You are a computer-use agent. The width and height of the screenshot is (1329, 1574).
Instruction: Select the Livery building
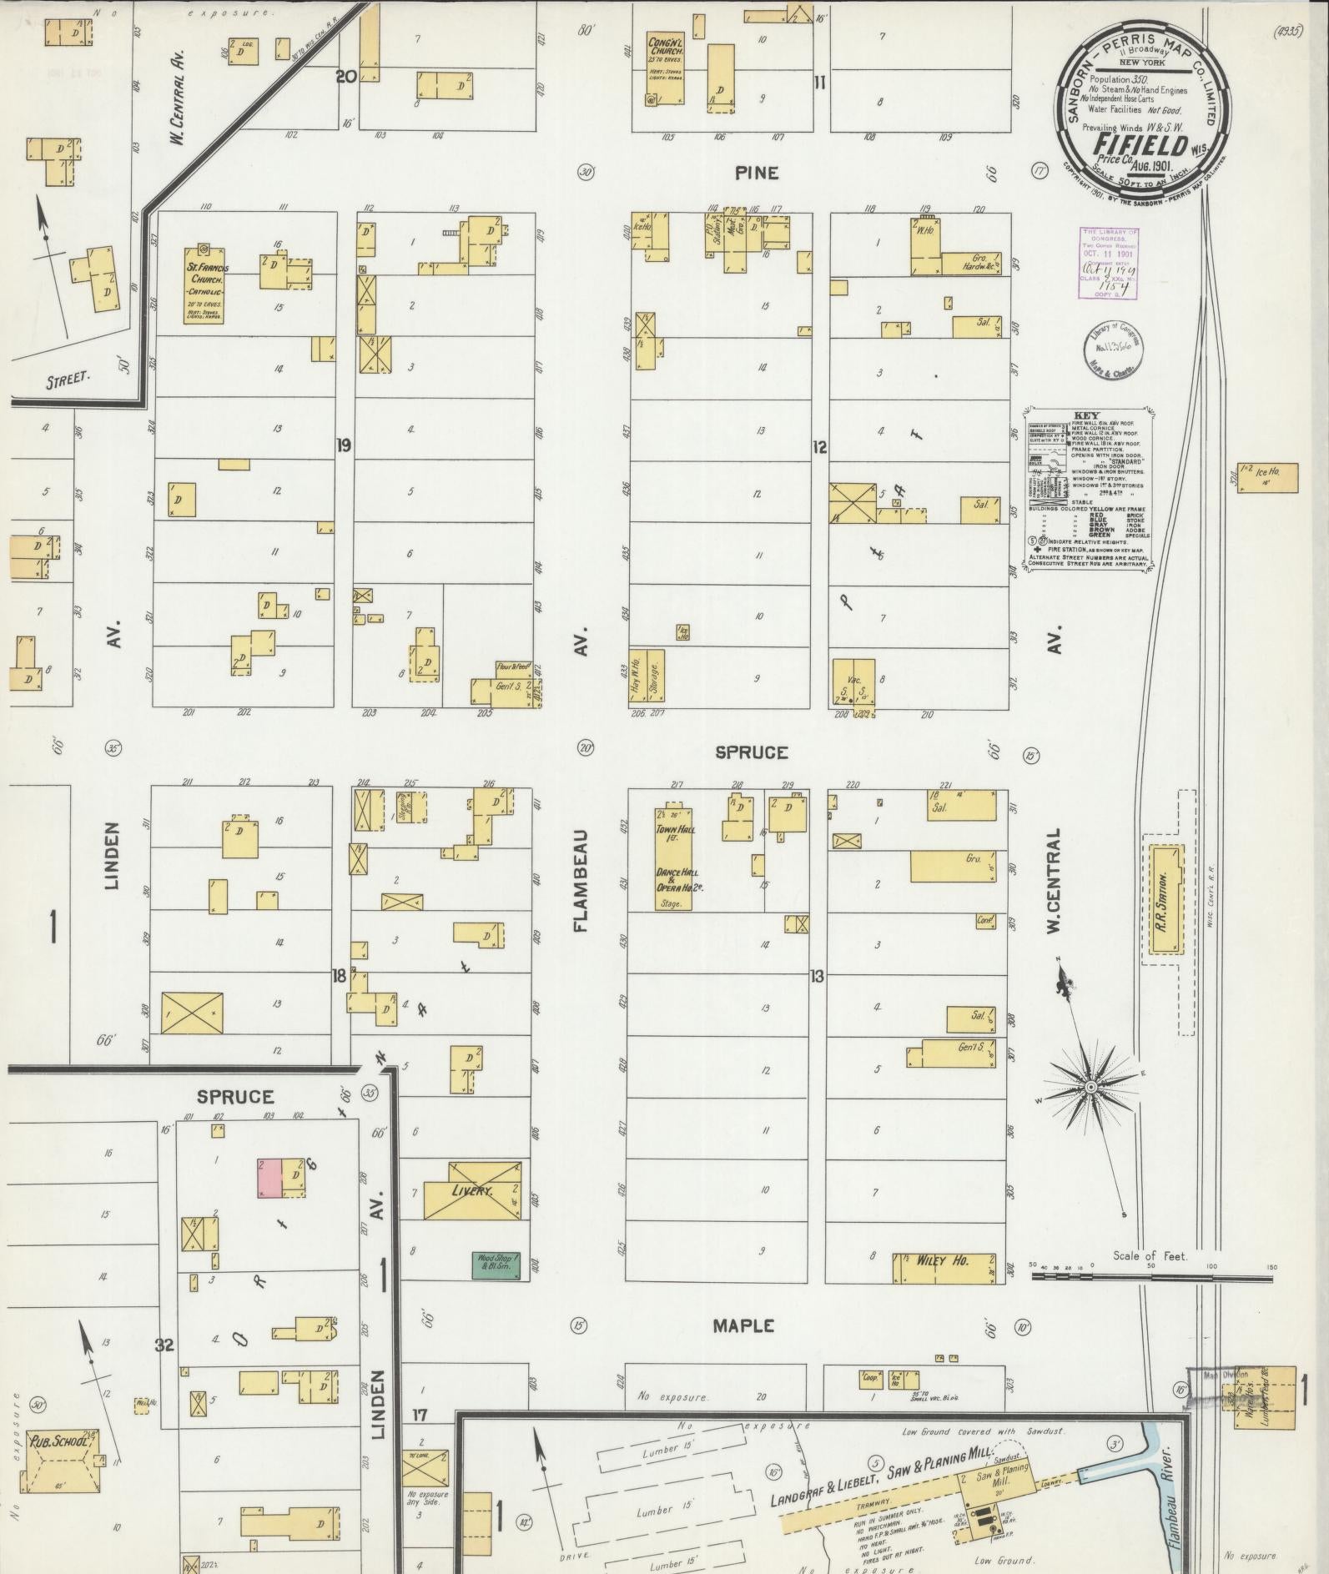pyautogui.click(x=472, y=1190)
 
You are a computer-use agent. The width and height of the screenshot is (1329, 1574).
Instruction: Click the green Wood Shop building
pyautogui.click(x=496, y=1265)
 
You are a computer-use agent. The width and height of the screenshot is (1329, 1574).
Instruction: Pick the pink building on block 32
pyautogui.click(x=268, y=1179)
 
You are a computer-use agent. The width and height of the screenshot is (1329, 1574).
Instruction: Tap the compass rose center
pyautogui.click(x=1090, y=1087)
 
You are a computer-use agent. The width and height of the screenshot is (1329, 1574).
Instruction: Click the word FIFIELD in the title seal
pyautogui.click(x=1142, y=144)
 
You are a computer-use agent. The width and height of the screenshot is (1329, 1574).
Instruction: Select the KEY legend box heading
pyautogui.click(x=1086, y=415)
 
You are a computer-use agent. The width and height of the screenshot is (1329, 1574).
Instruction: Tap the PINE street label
pyautogui.click(x=757, y=173)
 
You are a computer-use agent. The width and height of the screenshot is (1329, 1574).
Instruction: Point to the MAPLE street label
pyautogui.click(x=743, y=1325)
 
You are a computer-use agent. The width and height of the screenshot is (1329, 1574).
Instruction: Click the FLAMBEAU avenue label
pyautogui.click(x=583, y=881)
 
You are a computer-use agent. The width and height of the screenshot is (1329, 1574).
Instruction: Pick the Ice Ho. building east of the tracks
pyautogui.click(x=1267, y=477)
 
